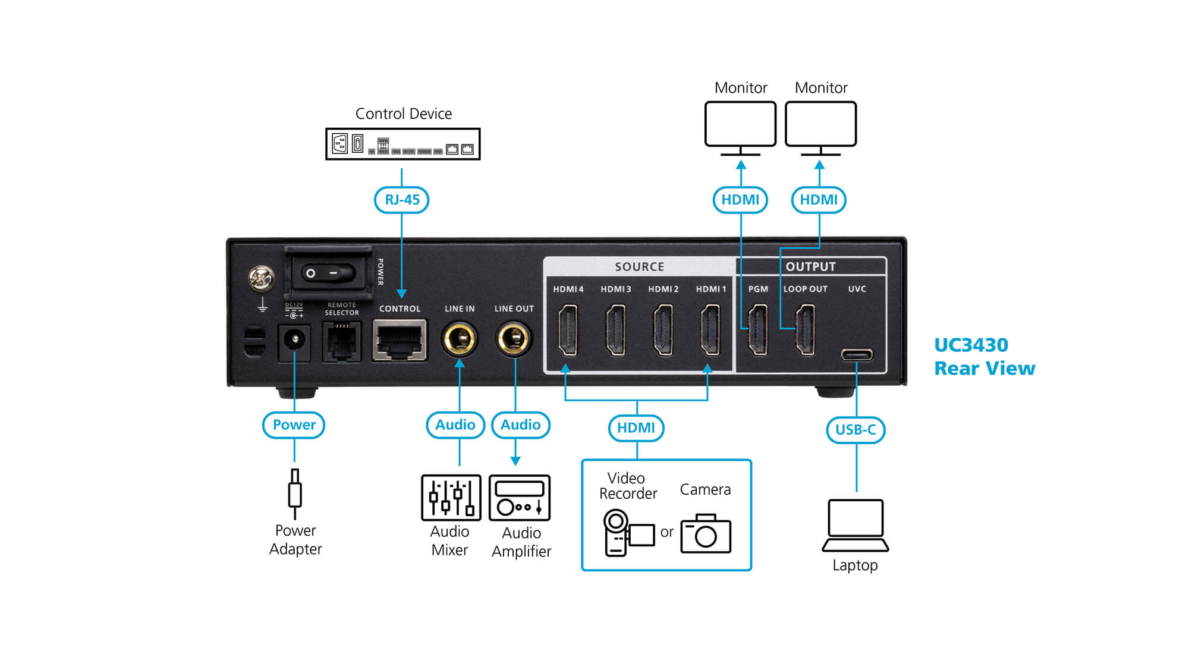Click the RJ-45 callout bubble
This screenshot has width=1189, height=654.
tap(402, 200)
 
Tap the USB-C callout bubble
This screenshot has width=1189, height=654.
tap(855, 430)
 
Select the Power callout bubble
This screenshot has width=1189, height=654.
tap(294, 425)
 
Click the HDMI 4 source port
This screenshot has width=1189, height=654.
tap(568, 330)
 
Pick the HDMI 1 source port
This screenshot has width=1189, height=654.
tap(710, 330)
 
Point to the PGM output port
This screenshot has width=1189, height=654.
tap(757, 330)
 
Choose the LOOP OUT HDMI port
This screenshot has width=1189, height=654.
tap(805, 330)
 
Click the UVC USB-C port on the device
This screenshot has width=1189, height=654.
tap(857, 355)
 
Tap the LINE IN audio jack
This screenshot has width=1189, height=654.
tap(459, 339)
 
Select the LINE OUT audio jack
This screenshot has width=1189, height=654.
tap(514, 339)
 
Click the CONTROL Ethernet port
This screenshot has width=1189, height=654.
tap(400, 340)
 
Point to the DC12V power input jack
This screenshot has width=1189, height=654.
tap(294, 341)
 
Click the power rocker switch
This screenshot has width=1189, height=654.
tap(328, 273)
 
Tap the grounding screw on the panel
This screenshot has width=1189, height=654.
tap(261, 278)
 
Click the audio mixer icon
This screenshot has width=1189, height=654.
tap(451, 498)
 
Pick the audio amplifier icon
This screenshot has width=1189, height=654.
tap(520, 498)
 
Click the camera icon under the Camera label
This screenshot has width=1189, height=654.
tap(706, 533)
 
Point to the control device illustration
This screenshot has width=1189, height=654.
tap(403, 144)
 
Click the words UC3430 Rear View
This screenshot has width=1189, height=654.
tap(984, 357)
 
